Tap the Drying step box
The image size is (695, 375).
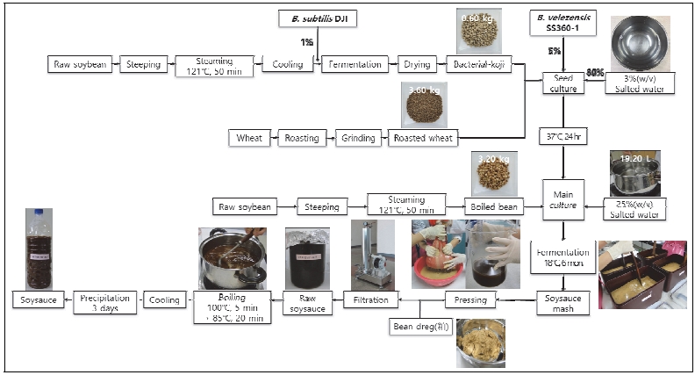[414, 64]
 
